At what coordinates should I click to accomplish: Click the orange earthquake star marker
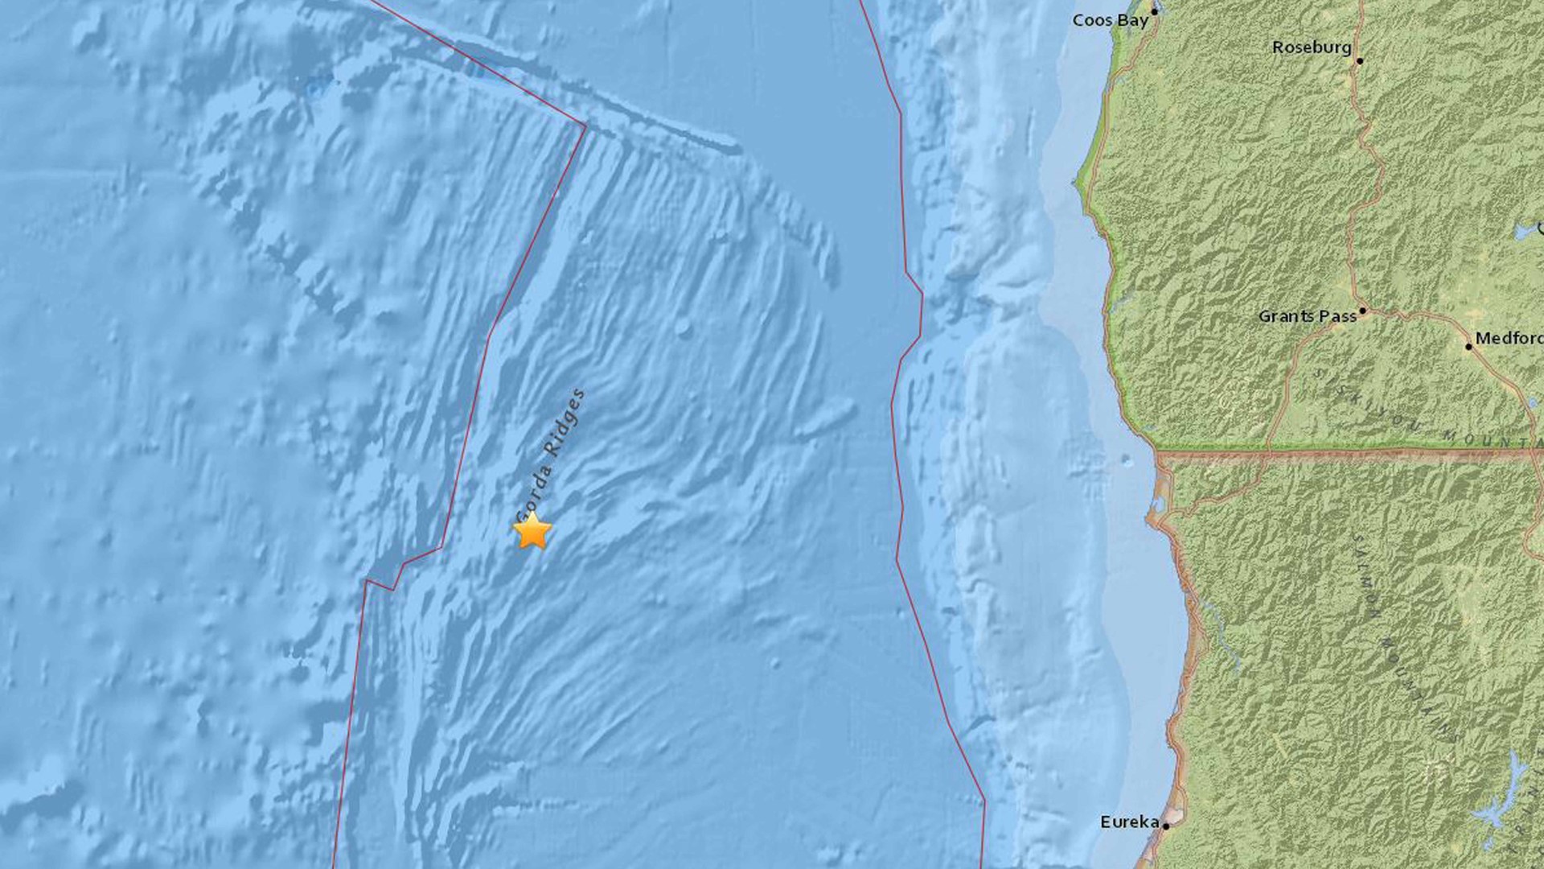(x=532, y=532)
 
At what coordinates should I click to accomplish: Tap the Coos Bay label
(x=1110, y=20)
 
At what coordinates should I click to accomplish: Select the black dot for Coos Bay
(x=1155, y=11)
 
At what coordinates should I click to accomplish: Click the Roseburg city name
(x=1312, y=48)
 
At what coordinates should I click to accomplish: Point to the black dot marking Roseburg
(x=1360, y=61)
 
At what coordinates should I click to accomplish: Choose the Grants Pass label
(x=1308, y=317)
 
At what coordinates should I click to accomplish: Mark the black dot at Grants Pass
(x=1362, y=311)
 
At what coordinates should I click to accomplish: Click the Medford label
(x=1509, y=339)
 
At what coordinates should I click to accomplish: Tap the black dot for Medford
(x=1468, y=347)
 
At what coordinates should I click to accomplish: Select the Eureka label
(x=1130, y=822)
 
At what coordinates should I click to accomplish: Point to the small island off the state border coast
(x=1127, y=462)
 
